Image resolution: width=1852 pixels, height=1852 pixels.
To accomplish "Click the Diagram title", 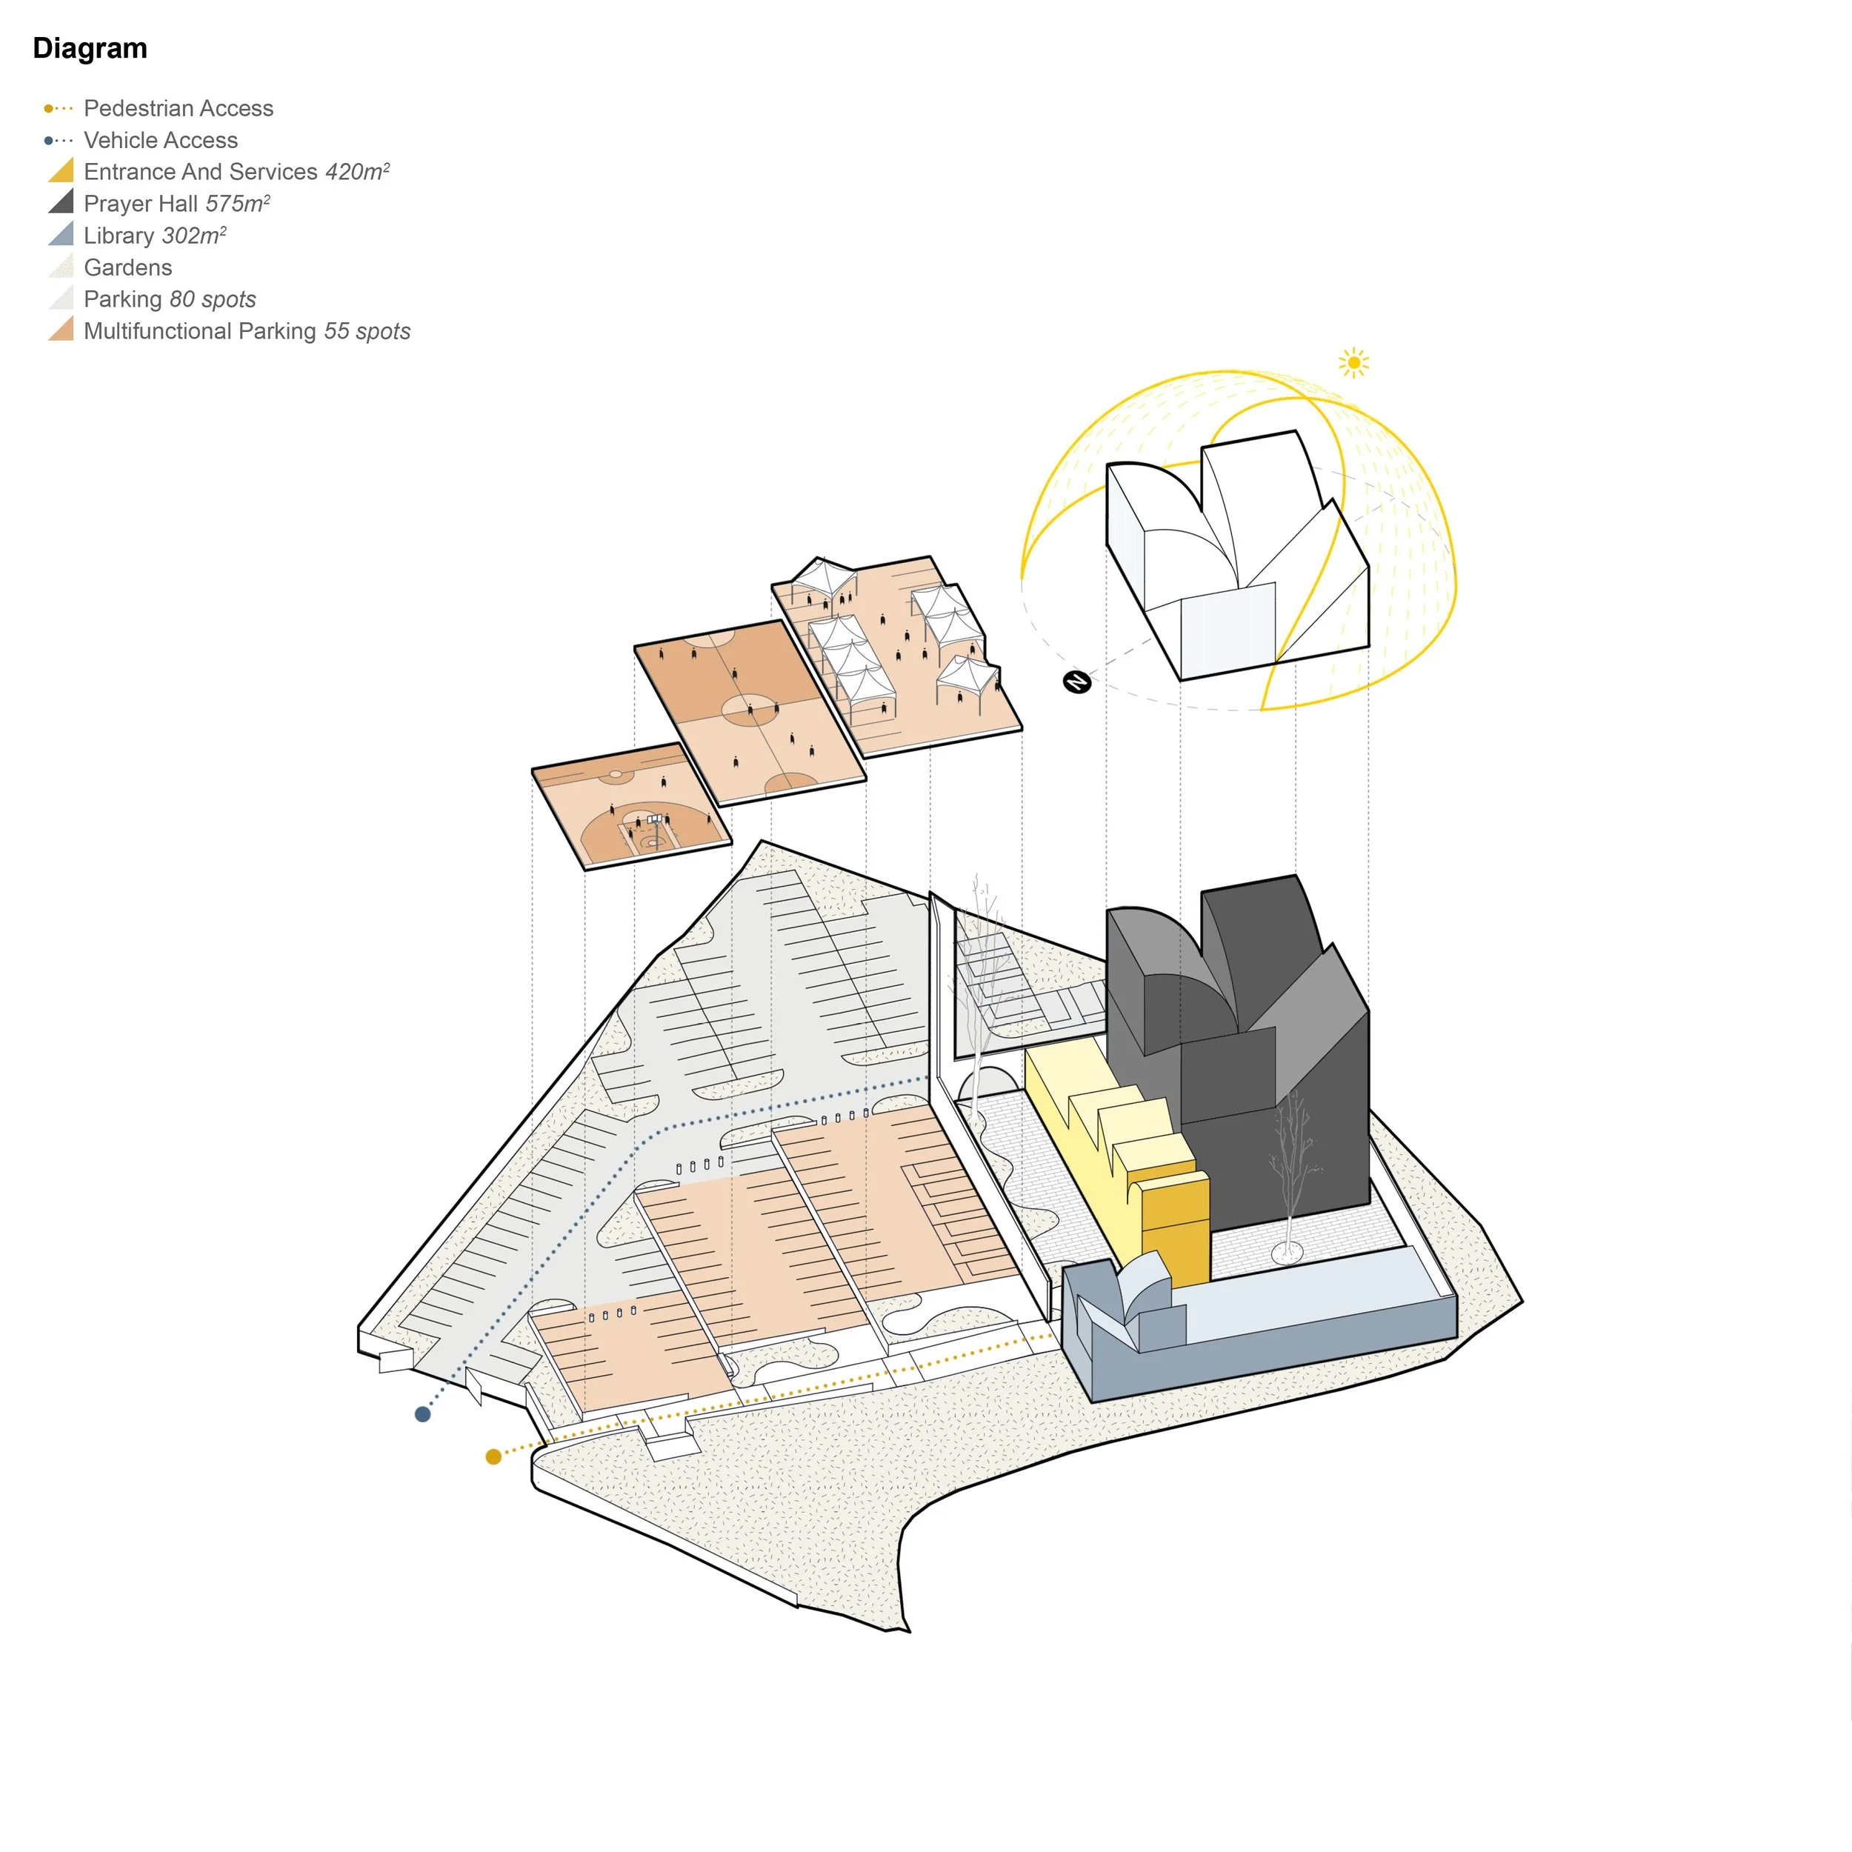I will (x=90, y=49).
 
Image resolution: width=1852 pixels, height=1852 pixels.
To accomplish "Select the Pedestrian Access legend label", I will (x=179, y=108).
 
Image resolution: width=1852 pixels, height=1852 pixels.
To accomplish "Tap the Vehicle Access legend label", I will (x=160, y=140).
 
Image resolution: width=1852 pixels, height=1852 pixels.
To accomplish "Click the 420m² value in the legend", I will (x=356, y=172).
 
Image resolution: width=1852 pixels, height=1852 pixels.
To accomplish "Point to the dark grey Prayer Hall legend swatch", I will (x=62, y=202).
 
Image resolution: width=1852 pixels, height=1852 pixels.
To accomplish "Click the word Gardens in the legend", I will (x=127, y=267).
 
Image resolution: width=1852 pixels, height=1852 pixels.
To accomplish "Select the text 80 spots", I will (x=212, y=299).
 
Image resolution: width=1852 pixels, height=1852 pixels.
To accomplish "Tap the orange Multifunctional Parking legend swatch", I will (x=62, y=330).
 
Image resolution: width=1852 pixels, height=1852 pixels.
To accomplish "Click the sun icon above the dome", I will (x=1353, y=362).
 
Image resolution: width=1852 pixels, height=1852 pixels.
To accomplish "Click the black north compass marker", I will (x=1076, y=682).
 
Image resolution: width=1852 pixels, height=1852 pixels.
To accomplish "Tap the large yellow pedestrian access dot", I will (x=493, y=1457).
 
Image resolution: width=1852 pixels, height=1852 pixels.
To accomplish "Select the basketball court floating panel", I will (x=630, y=805).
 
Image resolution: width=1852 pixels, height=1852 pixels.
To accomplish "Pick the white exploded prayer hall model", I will (x=1236, y=556).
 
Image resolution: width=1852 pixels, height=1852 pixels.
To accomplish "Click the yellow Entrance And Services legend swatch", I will (x=62, y=172).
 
